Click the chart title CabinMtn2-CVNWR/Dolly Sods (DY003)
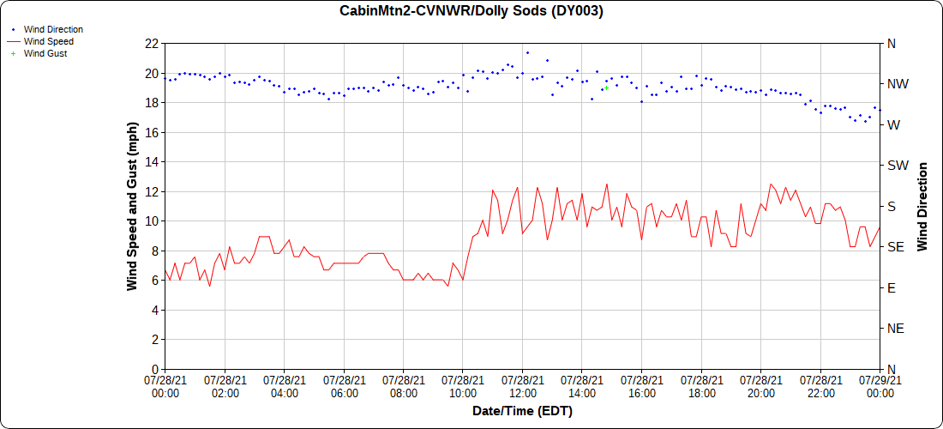[471, 11]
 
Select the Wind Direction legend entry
[53, 29]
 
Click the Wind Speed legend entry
[48, 41]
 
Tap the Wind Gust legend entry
[45, 53]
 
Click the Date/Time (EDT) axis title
[522, 411]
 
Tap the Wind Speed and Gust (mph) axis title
[132, 206]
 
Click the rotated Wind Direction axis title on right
[922, 206]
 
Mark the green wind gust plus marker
[606, 88]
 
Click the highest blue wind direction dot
[527, 52]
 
